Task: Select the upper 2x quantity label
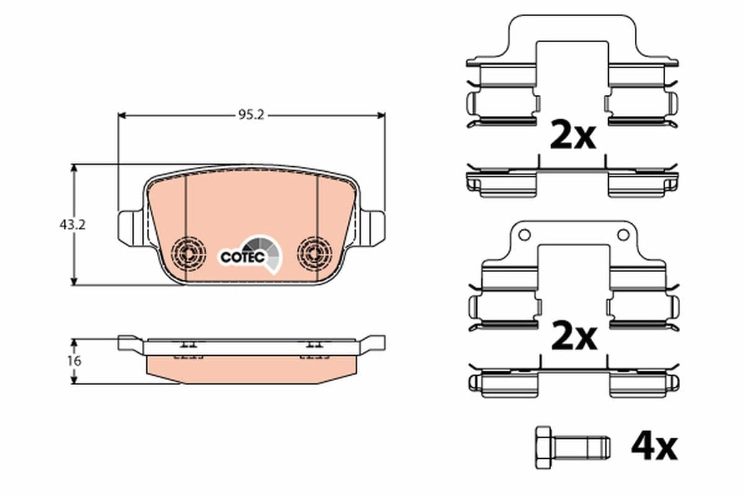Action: tap(573, 136)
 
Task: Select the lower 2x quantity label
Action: tap(573, 337)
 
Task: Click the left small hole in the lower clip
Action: tap(525, 235)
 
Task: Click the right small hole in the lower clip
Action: tap(622, 235)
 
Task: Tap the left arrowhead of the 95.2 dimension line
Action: tap(122, 115)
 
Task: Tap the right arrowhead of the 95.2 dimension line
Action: tap(381, 115)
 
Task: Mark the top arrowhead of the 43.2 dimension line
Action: tap(74, 168)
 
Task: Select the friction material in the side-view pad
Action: tap(251, 370)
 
